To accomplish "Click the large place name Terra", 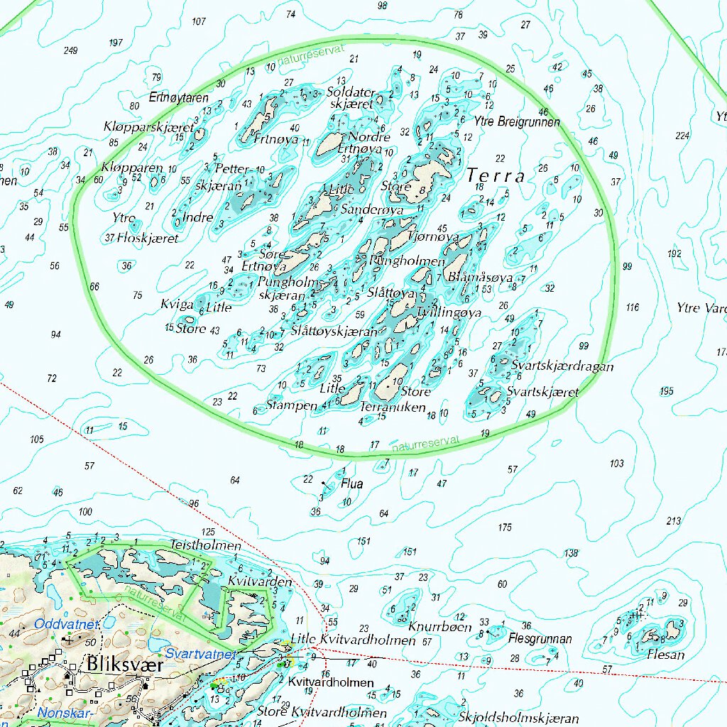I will pyautogui.click(x=496, y=175).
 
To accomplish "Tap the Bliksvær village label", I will pyautogui.click(x=125, y=665).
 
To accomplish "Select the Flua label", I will pyautogui.click(x=351, y=484).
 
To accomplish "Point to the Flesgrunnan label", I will pyautogui.click(x=540, y=638).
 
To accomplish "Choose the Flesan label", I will pyautogui.click(x=666, y=655).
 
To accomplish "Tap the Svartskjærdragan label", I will pyautogui.click(x=562, y=367).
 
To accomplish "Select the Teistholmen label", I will pyautogui.click(x=205, y=546).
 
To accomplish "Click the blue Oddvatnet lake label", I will pyautogui.click(x=65, y=623).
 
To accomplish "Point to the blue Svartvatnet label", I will pyautogui.click(x=199, y=653).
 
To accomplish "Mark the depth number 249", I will pyautogui.click(x=70, y=50).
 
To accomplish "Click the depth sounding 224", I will pyautogui.click(x=682, y=136).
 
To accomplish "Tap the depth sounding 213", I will pyautogui.click(x=673, y=521).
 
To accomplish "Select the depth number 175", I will pyautogui.click(x=505, y=527).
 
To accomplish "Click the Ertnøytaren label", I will pyautogui.click(x=179, y=97).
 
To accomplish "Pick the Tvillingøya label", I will pyautogui.click(x=449, y=312).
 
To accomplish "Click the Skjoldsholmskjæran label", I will pyautogui.click(x=519, y=718).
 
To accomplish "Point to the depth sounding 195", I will pyautogui.click(x=666, y=391).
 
